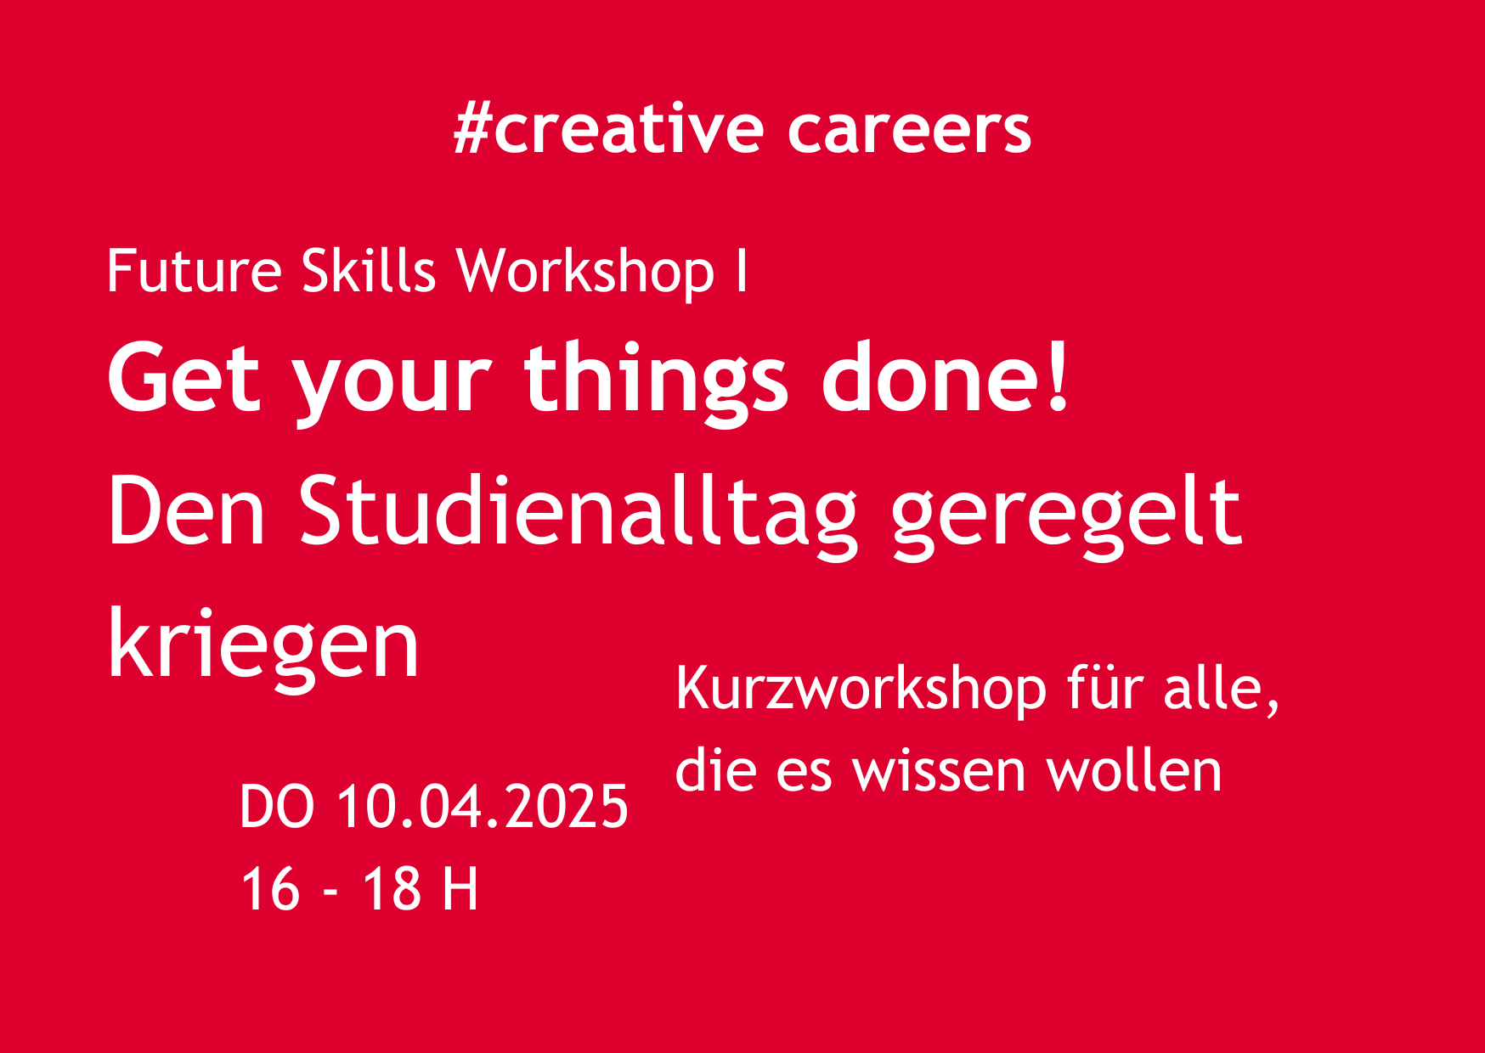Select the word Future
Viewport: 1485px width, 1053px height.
(x=194, y=271)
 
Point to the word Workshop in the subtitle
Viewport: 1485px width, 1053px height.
(x=585, y=272)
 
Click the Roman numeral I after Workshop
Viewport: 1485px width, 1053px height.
(x=742, y=271)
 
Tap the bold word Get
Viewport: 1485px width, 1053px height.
(x=184, y=378)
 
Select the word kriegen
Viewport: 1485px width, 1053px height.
(x=263, y=645)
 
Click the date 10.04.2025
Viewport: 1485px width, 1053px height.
(x=483, y=807)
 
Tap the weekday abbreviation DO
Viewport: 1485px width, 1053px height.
(x=277, y=807)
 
